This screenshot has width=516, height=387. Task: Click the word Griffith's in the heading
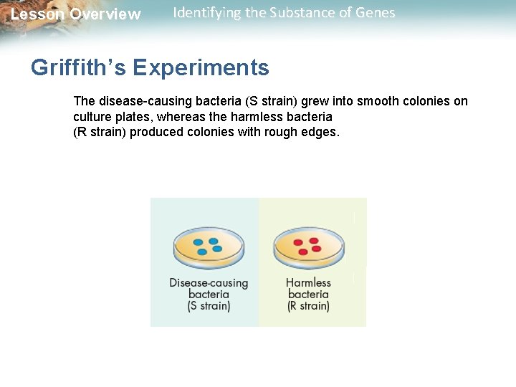[78, 68]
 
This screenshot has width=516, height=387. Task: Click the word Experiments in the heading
[201, 68]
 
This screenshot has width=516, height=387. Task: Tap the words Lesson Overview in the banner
[75, 14]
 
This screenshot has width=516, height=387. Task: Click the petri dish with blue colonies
[209, 247]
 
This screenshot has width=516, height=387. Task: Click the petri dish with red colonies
[308, 247]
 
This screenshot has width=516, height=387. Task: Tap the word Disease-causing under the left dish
[209, 282]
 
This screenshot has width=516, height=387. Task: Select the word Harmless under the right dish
[308, 282]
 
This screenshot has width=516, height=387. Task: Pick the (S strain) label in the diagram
[209, 306]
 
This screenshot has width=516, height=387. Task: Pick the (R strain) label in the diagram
[308, 306]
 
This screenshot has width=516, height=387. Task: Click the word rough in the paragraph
[284, 133]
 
